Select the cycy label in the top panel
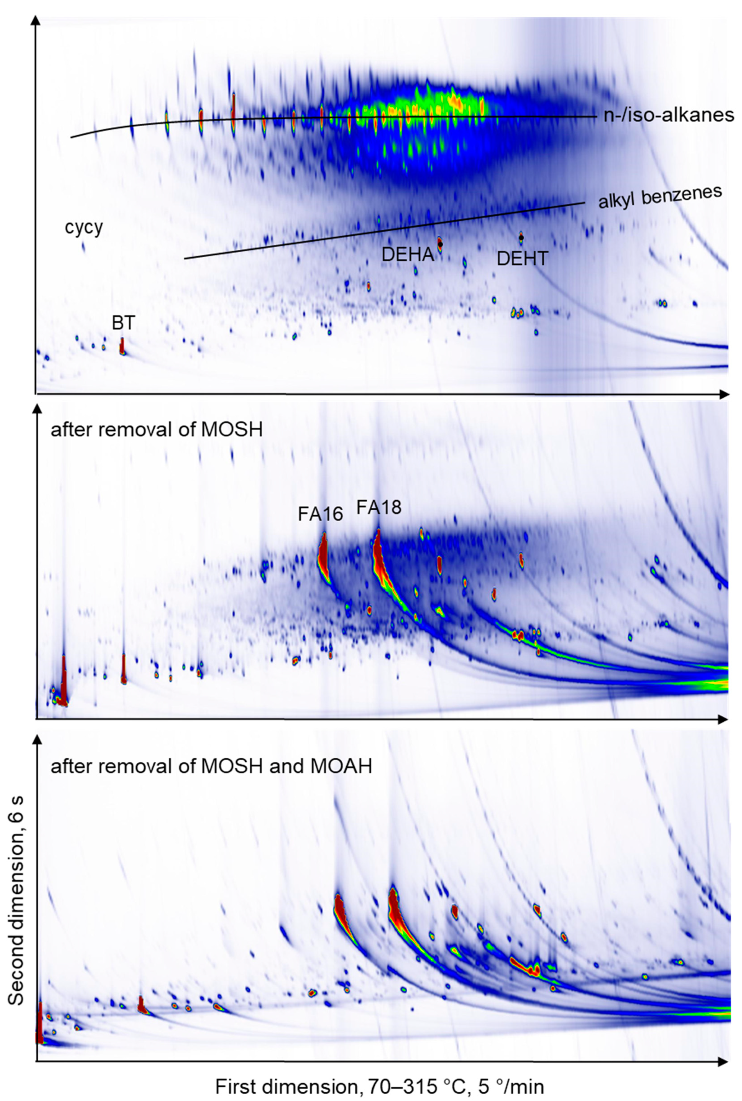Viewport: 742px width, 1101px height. coord(84,228)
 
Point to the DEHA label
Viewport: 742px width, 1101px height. coord(408,255)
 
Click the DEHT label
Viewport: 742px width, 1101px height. coord(523,259)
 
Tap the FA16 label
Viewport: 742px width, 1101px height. coord(320,514)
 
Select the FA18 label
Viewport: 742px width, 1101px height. coord(378,507)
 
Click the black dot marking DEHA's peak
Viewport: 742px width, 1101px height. coord(440,244)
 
